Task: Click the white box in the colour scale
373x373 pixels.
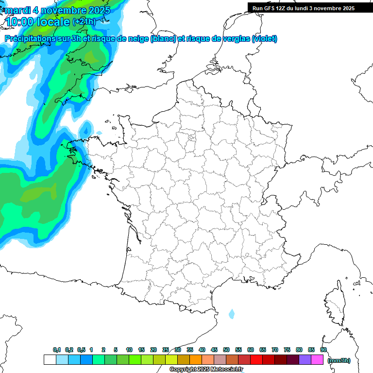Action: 50,360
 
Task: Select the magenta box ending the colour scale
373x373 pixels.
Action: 317,360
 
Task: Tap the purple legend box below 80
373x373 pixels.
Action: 305,360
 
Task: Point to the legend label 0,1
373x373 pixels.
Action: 57,350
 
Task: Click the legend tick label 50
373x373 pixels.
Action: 226,350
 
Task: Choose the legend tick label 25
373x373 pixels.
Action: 166,350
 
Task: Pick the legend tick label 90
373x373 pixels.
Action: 323,350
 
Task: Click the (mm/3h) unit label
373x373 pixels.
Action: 339,360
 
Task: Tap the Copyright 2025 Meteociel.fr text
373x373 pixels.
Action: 206,370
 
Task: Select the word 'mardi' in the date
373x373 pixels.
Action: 17,10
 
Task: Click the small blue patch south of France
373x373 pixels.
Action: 231,314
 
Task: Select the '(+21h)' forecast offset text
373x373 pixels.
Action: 85,22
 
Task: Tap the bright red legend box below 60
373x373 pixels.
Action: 256,360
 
